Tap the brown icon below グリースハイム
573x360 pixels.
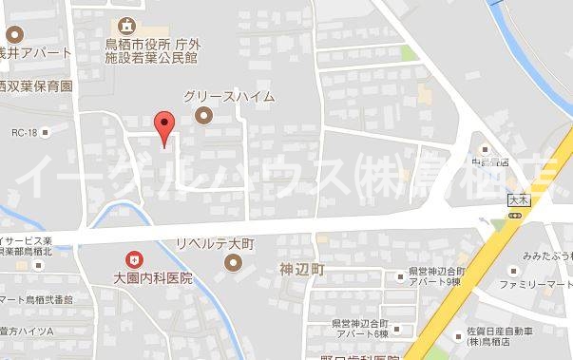click(x=201, y=116)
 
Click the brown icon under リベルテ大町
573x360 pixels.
click(x=232, y=267)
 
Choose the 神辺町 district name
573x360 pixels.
click(x=302, y=271)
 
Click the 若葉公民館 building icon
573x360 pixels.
click(x=128, y=26)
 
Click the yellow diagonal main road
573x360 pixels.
click(x=466, y=304)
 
